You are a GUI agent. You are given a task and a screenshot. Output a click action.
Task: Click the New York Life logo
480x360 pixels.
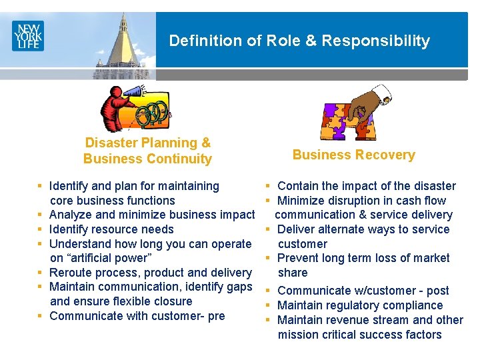pos(27,35)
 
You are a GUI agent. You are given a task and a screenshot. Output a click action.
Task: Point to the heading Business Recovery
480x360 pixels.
pos(353,155)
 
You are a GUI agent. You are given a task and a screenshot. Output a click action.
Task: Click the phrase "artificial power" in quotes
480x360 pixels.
pos(115,258)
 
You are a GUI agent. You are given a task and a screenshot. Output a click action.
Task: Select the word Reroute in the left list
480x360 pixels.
pos(71,273)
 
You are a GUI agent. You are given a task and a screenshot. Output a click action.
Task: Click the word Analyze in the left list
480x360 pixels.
pos(71,215)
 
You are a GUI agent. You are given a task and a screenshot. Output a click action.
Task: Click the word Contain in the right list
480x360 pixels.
pos(297,186)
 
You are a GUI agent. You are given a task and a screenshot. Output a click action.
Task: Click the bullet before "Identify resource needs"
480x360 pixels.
pos(41,229)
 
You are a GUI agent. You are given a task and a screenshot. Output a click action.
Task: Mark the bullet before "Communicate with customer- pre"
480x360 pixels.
pos(41,316)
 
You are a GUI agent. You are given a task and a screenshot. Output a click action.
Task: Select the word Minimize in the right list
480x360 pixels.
pos(302,201)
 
